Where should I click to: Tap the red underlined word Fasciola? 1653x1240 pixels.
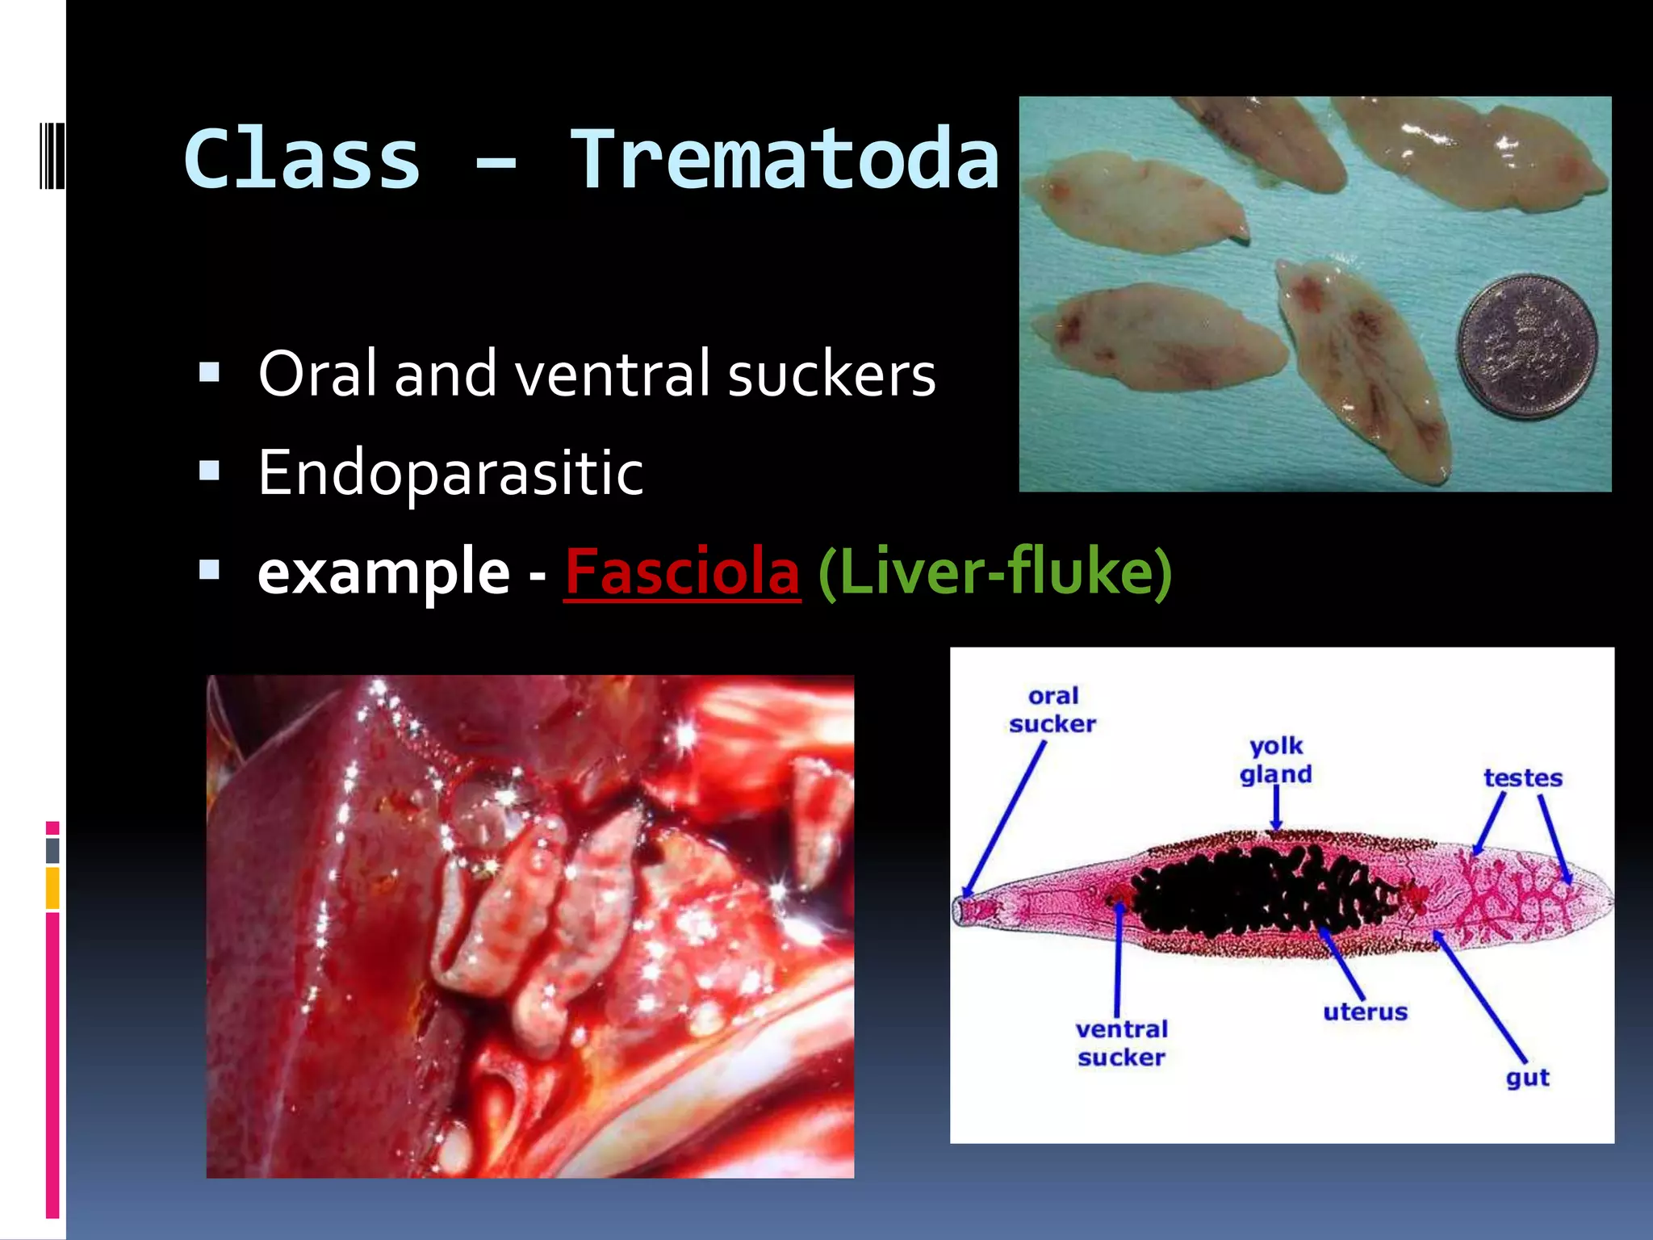tap(682, 572)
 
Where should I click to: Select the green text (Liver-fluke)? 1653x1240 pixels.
tap(994, 572)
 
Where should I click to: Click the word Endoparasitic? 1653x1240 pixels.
tap(450, 473)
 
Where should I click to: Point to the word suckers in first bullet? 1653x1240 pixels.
tap(831, 375)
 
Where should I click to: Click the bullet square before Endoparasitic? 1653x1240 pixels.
tap(209, 471)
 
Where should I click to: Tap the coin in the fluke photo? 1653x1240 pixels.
tap(1526, 346)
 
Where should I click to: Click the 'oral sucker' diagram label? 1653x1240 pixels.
tap(1052, 710)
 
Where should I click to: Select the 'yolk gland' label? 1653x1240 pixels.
tap(1276, 760)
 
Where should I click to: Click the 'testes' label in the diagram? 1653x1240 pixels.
tap(1523, 778)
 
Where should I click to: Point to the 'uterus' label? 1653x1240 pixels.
tap(1365, 1012)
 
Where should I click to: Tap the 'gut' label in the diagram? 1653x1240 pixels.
tap(1527, 1078)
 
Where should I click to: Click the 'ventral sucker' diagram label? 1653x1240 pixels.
tap(1121, 1043)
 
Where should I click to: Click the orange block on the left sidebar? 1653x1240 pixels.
tap(52, 888)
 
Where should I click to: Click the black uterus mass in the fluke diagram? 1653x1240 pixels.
tap(1259, 892)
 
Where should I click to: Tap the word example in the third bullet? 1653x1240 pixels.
tap(383, 572)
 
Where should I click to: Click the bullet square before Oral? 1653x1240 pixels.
tap(209, 372)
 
